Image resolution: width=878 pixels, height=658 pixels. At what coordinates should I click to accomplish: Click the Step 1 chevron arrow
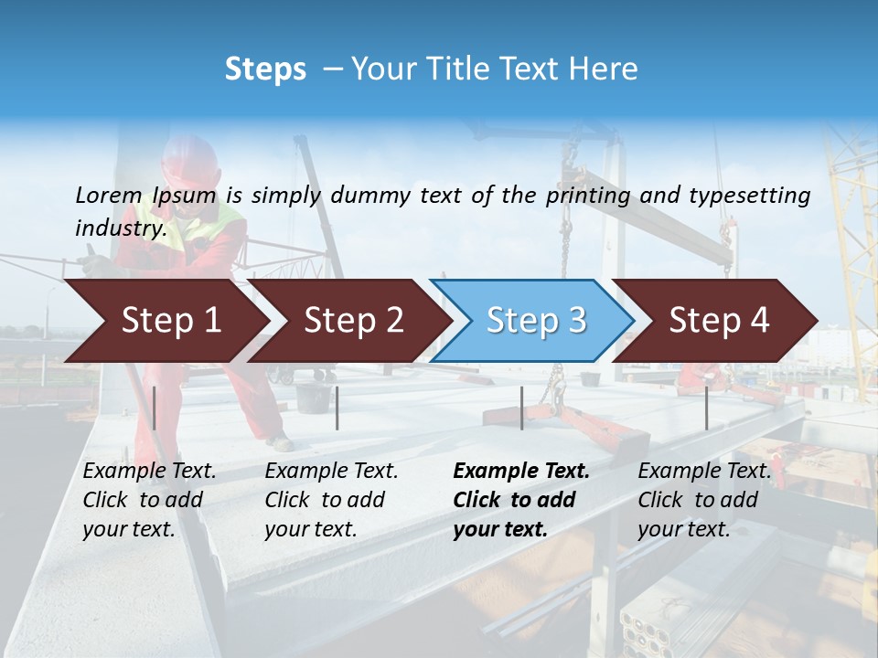(170, 321)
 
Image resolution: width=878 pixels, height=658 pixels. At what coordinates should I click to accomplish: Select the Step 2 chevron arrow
(353, 321)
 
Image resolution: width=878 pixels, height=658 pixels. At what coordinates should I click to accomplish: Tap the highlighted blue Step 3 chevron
(535, 321)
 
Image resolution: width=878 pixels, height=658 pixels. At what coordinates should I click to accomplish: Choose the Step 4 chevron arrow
(719, 321)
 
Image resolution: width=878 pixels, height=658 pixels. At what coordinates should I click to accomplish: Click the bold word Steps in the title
(265, 69)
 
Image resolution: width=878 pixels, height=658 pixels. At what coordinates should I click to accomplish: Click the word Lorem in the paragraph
(109, 196)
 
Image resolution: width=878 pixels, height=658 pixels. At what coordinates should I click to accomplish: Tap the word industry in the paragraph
(121, 228)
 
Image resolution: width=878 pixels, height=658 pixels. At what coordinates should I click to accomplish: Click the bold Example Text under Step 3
(521, 472)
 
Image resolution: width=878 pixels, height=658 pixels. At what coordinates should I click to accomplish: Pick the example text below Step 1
(149, 500)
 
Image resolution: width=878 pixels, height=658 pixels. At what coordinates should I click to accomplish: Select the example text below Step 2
(331, 500)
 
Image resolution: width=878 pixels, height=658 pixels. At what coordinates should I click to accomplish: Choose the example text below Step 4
(704, 500)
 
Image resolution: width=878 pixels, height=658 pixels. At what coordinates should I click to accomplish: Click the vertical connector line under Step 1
(155, 408)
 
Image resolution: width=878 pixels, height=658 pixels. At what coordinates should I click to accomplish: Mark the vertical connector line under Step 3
(521, 408)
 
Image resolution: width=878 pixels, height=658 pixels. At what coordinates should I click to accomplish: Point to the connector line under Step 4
(706, 408)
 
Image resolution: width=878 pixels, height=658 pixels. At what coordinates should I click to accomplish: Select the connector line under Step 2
(337, 408)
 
